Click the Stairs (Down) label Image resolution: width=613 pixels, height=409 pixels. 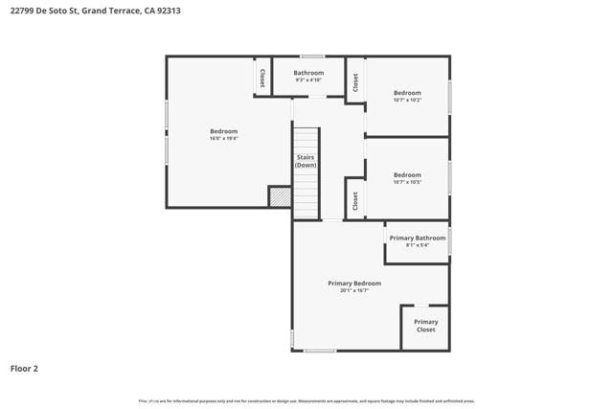pyautogui.click(x=306, y=161)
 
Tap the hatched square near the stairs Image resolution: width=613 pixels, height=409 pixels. pyautogui.click(x=280, y=196)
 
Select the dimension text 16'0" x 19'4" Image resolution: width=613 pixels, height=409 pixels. pyautogui.click(x=223, y=139)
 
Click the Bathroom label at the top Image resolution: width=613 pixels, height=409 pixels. pyautogui.click(x=308, y=73)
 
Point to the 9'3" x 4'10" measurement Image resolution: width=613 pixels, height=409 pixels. pyautogui.click(x=308, y=80)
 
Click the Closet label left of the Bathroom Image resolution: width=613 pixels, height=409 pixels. pyautogui.click(x=261, y=77)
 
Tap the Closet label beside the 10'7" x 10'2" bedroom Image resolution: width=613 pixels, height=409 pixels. pyautogui.click(x=354, y=83)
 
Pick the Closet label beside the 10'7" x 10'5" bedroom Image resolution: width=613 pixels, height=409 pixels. pyautogui.click(x=354, y=200)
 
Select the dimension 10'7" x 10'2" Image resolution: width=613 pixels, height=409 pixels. pyautogui.click(x=407, y=100)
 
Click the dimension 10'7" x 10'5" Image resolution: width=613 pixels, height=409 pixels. pyautogui.click(x=407, y=183)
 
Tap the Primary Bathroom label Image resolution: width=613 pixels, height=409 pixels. pyautogui.click(x=417, y=238)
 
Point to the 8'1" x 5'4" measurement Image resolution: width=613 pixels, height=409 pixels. pyautogui.click(x=417, y=245)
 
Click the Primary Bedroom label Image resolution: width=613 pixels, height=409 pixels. pyautogui.click(x=354, y=283)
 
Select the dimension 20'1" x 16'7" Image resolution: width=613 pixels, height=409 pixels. pyautogui.click(x=354, y=290)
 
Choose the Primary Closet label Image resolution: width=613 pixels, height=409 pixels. pyautogui.click(x=425, y=326)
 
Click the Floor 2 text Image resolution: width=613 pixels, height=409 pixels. pyautogui.click(x=24, y=368)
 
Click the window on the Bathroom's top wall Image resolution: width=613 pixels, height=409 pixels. pyautogui.click(x=312, y=57)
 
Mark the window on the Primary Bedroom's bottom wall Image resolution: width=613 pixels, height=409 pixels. pyautogui.click(x=320, y=351)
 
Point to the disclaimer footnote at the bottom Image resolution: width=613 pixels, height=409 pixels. pyautogui.click(x=306, y=401)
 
